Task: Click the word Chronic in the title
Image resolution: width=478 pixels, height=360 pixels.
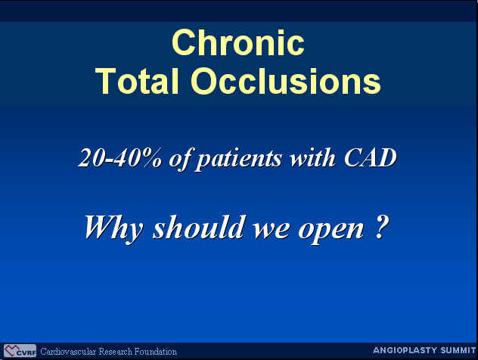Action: [x=238, y=42]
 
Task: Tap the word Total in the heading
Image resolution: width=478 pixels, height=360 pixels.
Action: [x=137, y=81]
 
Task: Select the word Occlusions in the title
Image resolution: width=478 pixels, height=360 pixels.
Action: [x=286, y=81]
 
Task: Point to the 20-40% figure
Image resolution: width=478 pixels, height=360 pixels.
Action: [x=119, y=158]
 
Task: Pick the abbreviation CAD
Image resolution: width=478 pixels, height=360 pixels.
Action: [x=371, y=158]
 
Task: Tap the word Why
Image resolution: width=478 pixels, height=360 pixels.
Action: [x=113, y=228]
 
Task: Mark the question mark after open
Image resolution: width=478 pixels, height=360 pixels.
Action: [x=380, y=227]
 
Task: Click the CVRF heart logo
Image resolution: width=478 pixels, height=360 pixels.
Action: [x=20, y=351]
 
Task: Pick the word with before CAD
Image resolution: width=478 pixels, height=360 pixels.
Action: [x=313, y=158]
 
